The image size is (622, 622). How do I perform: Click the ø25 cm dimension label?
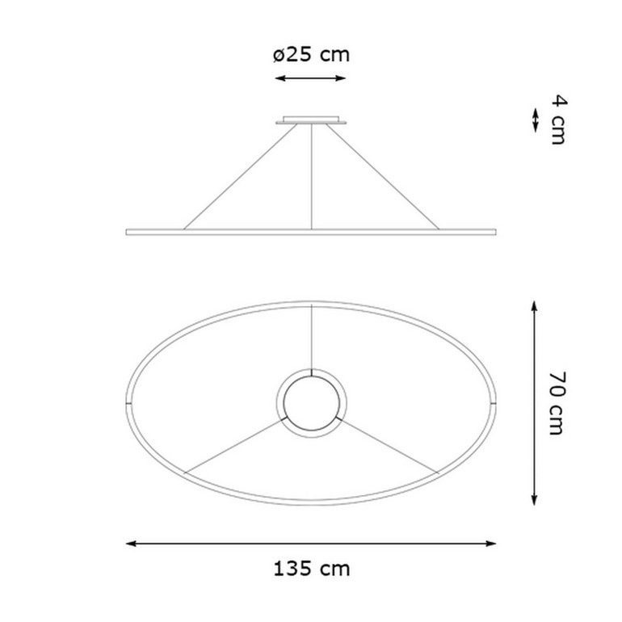(311, 54)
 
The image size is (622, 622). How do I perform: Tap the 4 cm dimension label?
(559, 120)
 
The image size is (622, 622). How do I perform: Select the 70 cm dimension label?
(557, 403)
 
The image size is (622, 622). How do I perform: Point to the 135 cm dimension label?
(311, 569)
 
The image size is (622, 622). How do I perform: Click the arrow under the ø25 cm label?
(311, 78)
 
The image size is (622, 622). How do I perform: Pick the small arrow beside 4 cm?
(535, 120)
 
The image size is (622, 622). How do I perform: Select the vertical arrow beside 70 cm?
(534, 403)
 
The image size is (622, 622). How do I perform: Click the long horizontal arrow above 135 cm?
(311, 544)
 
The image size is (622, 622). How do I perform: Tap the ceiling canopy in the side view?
(311, 120)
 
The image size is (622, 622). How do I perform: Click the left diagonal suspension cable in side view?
(241, 177)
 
